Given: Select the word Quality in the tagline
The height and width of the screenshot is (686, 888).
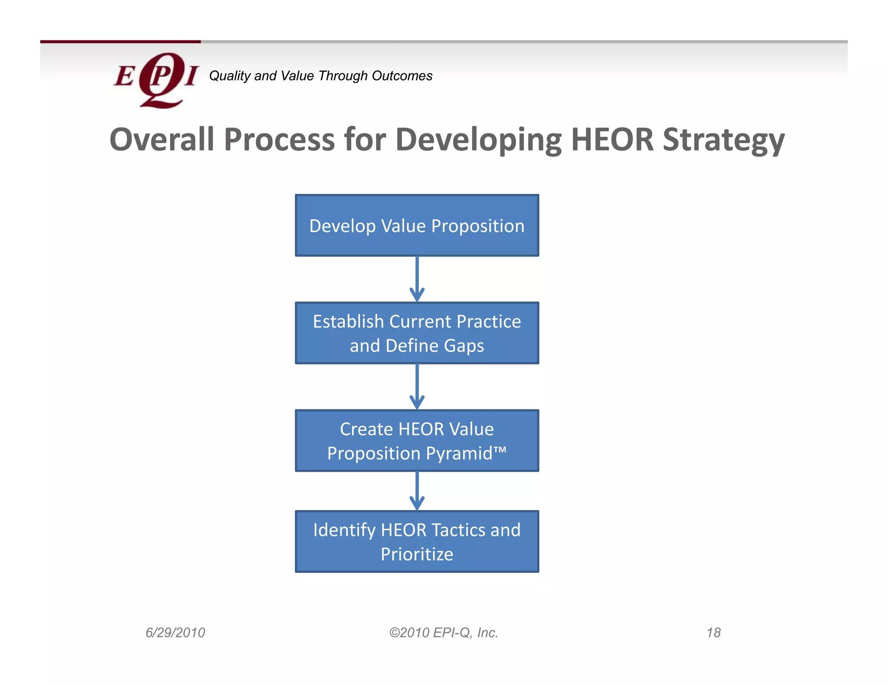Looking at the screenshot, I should click(x=230, y=76).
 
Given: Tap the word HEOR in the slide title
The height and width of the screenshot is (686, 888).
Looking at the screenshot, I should click(x=612, y=140).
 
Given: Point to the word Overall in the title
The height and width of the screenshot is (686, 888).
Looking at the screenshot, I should click(x=162, y=140).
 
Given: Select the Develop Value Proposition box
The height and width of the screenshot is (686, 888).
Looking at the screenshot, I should click(x=417, y=225).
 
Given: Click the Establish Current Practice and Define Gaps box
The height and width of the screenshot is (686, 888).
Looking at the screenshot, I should click(x=417, y=333).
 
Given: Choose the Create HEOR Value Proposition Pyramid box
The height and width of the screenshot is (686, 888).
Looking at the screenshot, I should click(x=417, y=441).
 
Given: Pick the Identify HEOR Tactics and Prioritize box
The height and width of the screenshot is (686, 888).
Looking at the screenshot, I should click(x=417, y=542).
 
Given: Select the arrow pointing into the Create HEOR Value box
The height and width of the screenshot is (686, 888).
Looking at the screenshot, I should click(x=417, y=386).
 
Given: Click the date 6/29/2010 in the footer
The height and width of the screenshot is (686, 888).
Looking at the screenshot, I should click(x=175, y=633).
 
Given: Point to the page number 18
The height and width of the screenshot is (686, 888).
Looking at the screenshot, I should click(x=713, y=633).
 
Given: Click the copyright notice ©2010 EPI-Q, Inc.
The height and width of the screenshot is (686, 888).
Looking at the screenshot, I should click(x=444, y=633).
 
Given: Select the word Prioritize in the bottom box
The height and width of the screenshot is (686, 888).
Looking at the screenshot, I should click(x=417, y=554).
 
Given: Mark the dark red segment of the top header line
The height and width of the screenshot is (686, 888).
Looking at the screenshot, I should click(x=121, y=42).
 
